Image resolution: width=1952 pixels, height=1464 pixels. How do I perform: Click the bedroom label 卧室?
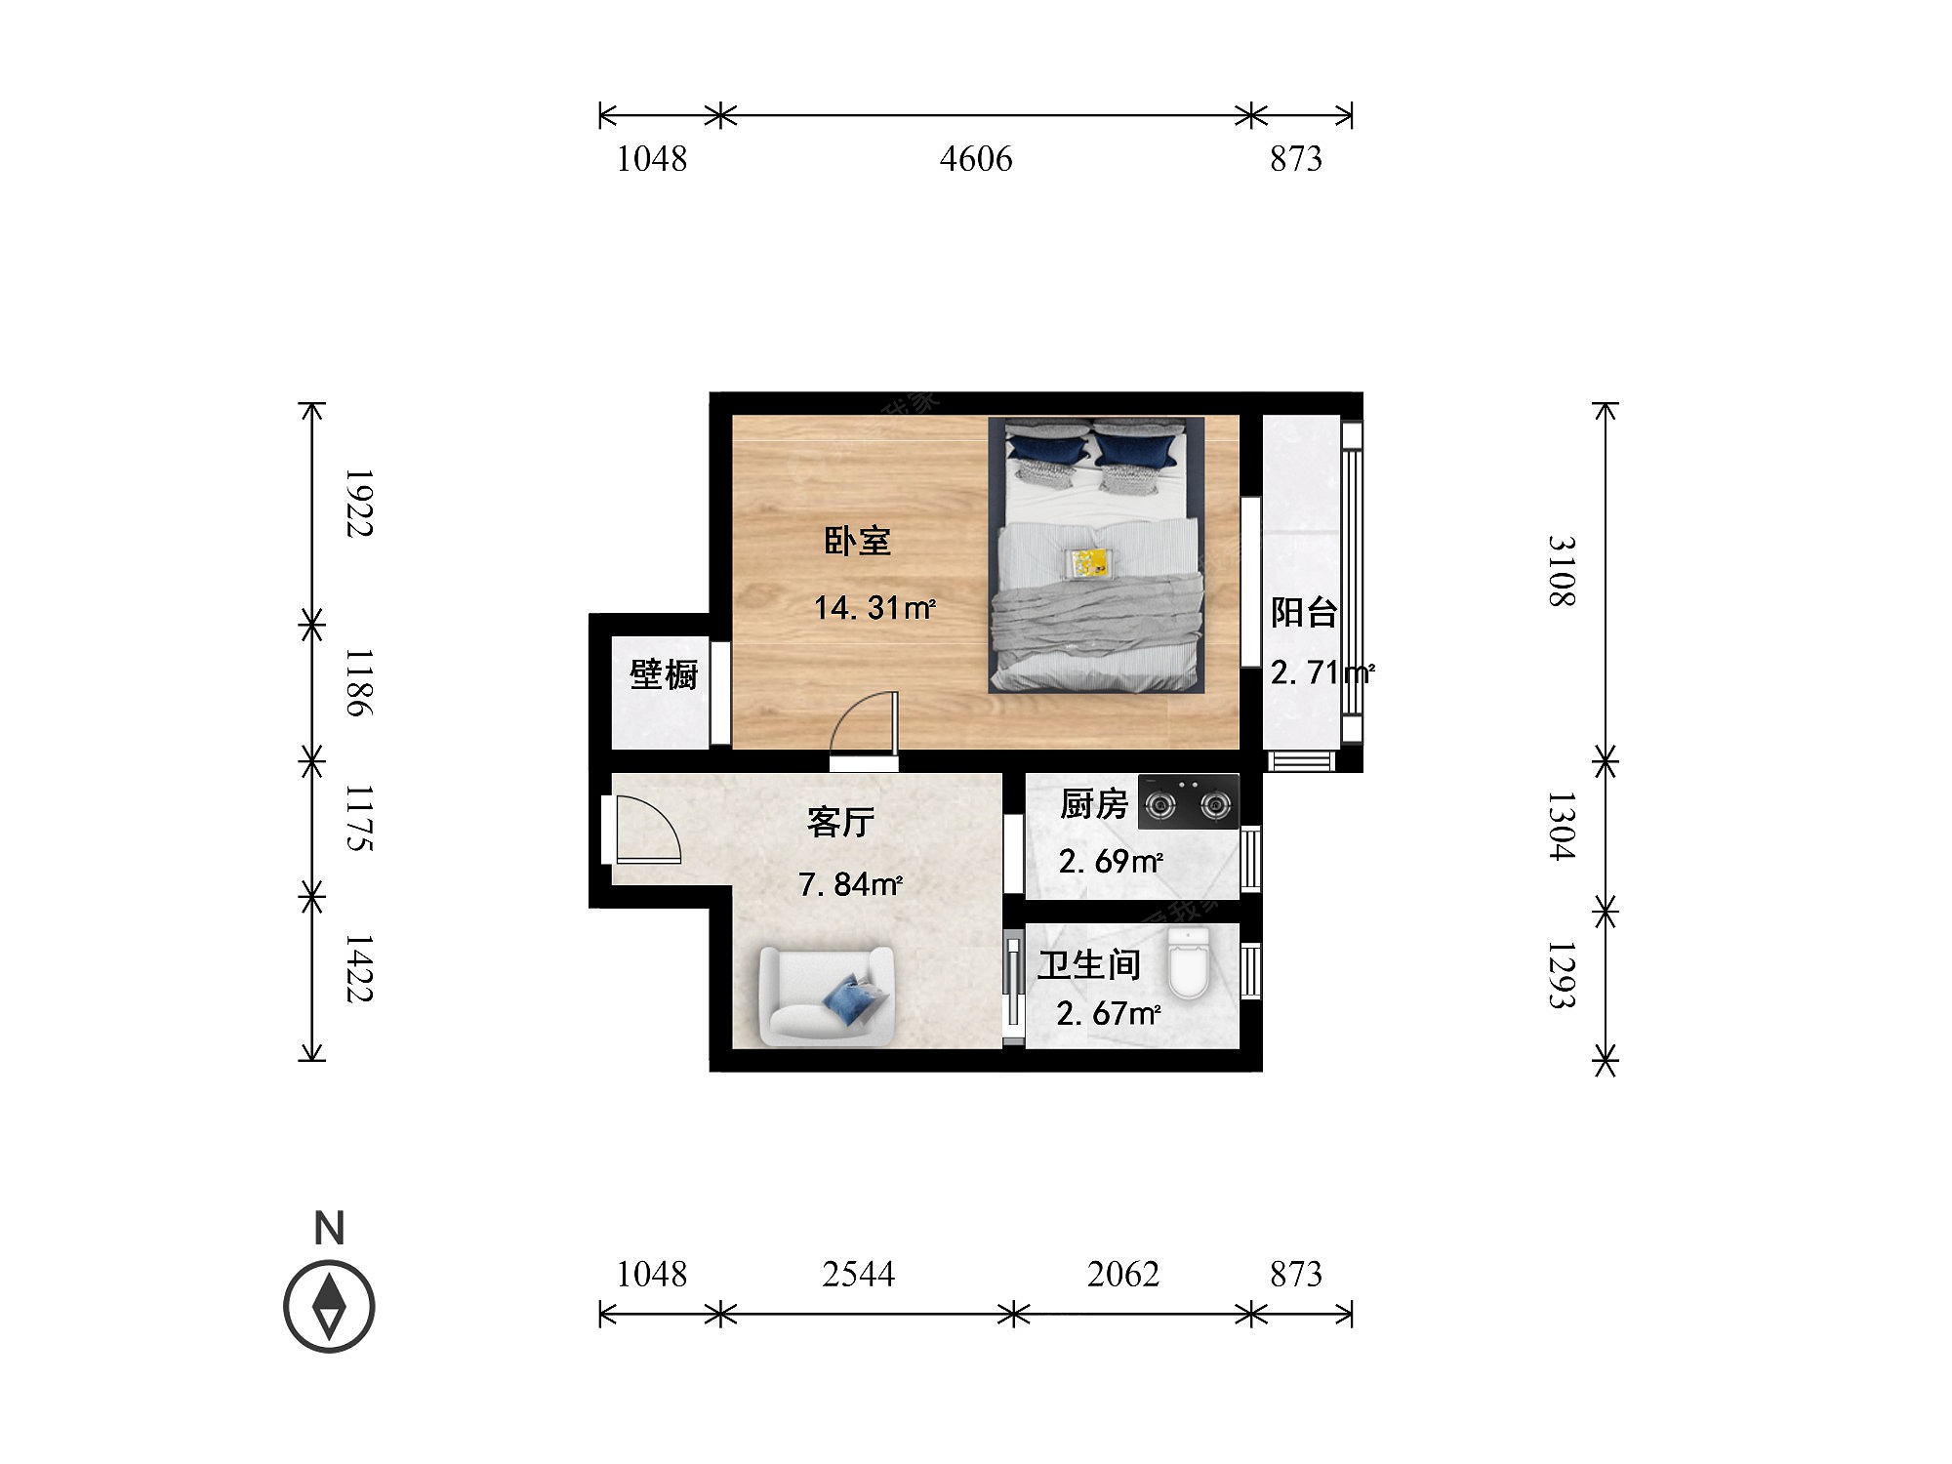pos(858,541)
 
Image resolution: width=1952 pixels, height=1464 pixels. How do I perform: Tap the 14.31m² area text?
pos(875,607)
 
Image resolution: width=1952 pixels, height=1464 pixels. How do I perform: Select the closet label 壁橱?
pos(664,673)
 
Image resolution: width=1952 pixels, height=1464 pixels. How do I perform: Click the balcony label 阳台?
pos(1304,612)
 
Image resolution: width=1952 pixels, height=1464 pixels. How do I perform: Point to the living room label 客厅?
pos(840,822)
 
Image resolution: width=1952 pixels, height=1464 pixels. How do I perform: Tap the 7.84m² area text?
pos(850,884)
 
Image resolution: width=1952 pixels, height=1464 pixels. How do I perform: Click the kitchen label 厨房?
pos(1094,804)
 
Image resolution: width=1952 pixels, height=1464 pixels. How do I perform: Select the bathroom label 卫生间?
pos(1089,965)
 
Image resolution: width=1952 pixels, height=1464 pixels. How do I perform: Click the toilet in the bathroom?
pos(1189,963)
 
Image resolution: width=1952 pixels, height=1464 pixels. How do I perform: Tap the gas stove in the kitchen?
pos(1189,801)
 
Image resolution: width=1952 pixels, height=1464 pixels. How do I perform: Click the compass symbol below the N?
pos(329,1307)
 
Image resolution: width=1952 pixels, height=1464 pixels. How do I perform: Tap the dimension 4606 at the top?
pos(976,158)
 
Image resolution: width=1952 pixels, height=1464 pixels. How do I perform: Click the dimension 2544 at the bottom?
pos(859,1274)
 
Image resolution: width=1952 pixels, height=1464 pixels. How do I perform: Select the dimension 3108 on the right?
pos(1562,571)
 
